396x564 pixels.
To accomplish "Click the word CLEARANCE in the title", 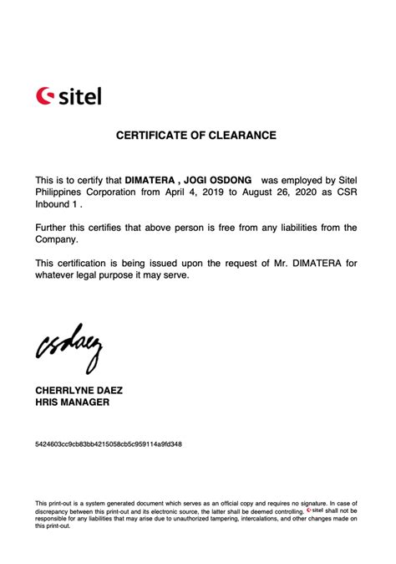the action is (x=239, y=135).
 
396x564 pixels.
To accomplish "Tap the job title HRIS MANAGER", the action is (x=72, y=402).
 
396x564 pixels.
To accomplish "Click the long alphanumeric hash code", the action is (x=108, y=444).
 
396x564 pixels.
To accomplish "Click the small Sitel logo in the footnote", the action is (x=314, y=510).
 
